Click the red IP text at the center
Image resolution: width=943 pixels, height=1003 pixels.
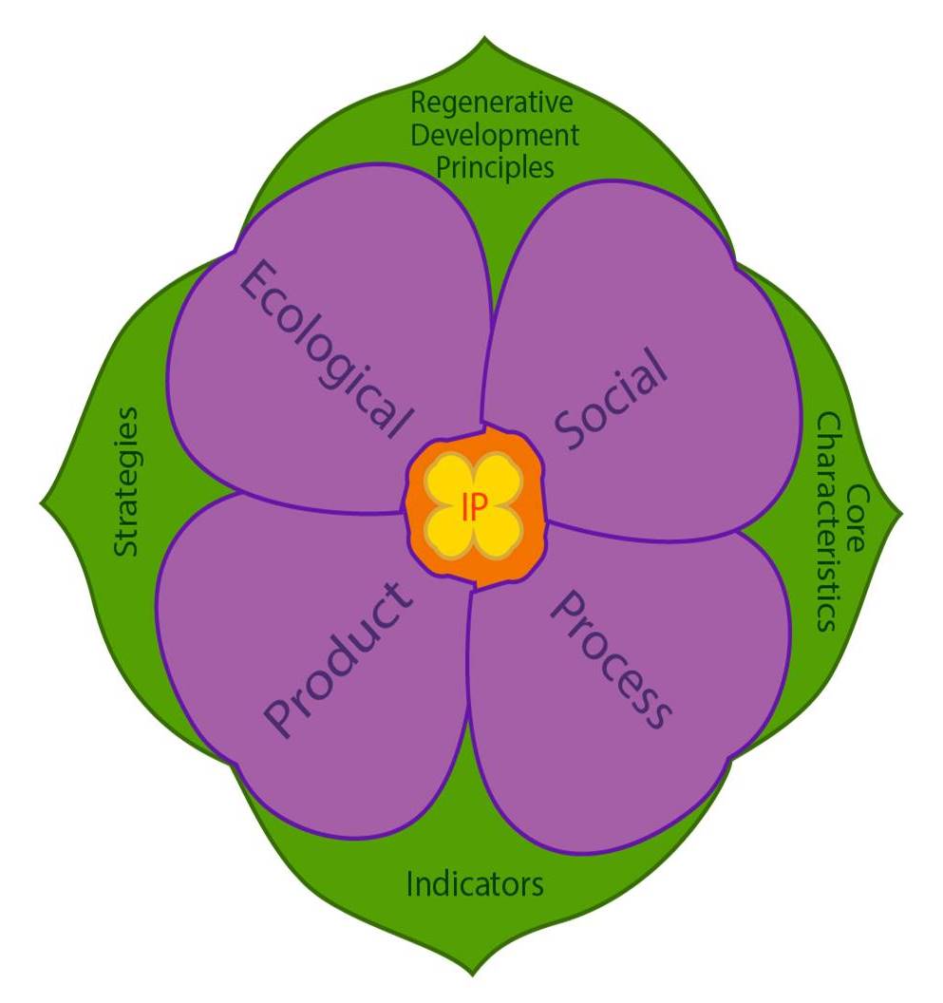click(474, 508)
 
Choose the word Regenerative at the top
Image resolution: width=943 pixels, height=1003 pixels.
click(493, 102)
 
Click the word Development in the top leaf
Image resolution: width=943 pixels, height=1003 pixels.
click(493, 135)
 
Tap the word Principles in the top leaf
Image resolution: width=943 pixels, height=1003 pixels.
click(493, 168)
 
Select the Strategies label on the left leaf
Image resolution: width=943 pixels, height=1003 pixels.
click(125, 482)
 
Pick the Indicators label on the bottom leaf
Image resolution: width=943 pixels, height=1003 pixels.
click(475, 884)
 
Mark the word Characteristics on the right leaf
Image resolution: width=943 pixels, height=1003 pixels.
click(828, 521)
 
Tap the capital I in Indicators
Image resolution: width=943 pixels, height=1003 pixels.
click(410, 884)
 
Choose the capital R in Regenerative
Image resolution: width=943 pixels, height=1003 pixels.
click(418, 102)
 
